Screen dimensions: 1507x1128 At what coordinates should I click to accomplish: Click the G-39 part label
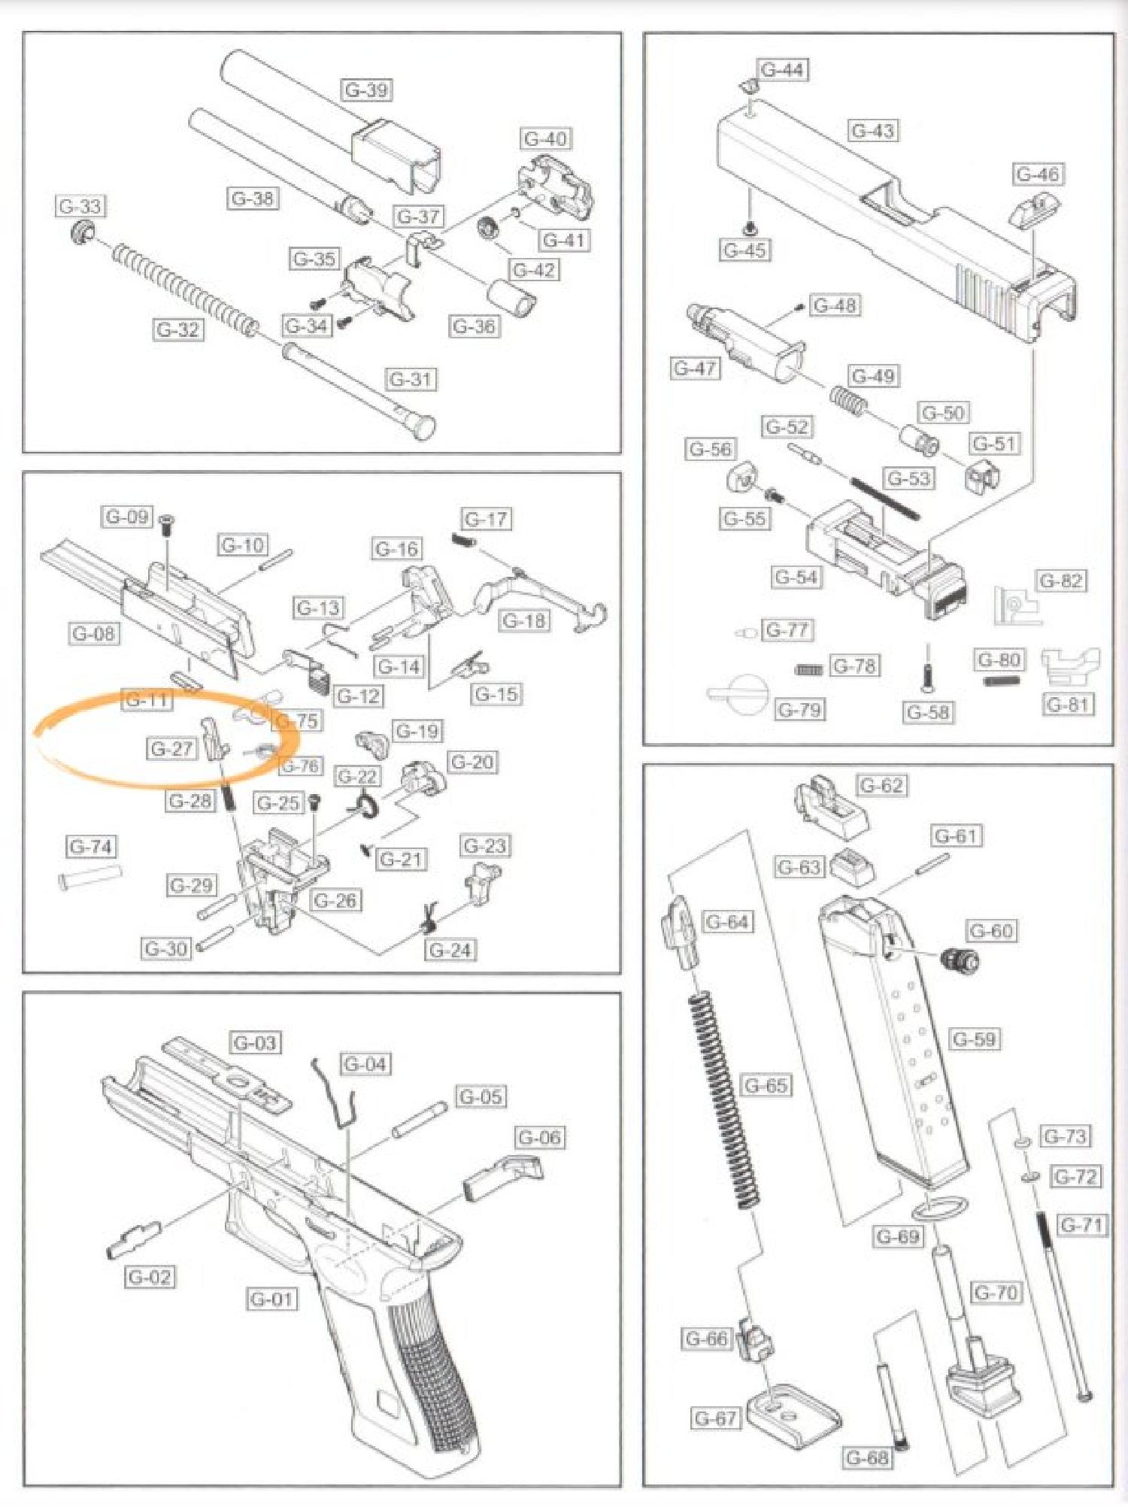pos(367,90)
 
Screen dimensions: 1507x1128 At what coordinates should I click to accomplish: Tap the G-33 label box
pos(80,206)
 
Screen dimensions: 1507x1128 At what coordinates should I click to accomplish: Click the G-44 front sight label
pos(783,70)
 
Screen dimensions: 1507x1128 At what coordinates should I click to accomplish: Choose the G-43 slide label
pos(873,131)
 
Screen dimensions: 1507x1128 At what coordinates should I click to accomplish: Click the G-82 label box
pos(1061,581)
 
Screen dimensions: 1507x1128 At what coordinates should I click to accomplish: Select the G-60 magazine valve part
pos(960,960)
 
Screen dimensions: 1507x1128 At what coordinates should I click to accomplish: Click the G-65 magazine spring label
pos(766,1085)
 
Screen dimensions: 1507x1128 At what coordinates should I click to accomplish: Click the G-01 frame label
pos(271,1299)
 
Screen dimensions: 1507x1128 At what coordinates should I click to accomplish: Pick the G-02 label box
pos(150,1277)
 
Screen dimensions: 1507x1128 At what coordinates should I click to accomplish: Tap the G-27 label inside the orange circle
pos(171,749)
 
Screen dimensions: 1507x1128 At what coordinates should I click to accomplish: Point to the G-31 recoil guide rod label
pos(411,379)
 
